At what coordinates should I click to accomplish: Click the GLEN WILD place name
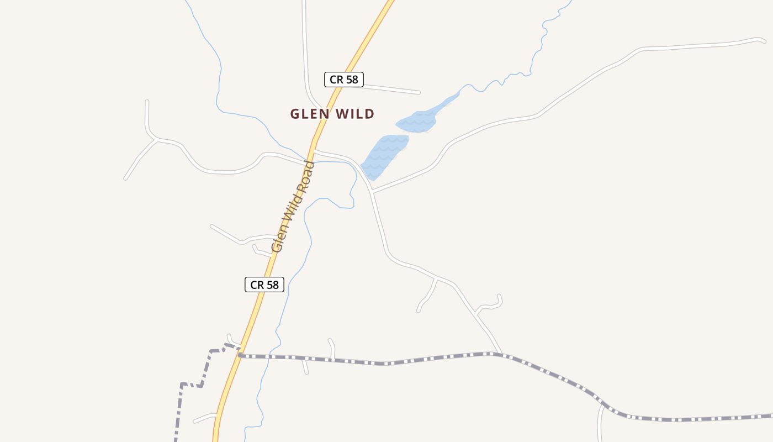click(x=332, y=114)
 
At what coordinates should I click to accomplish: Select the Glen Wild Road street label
click(x=293, y=207)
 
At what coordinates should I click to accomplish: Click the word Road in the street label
click(x=305, y=177)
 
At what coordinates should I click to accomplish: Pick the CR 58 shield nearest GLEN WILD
click(x=343, y=80)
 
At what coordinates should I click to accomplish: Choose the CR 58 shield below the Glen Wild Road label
click(x=264, y=285)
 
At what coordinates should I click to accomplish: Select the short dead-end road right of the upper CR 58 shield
click(x=392, y=88)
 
